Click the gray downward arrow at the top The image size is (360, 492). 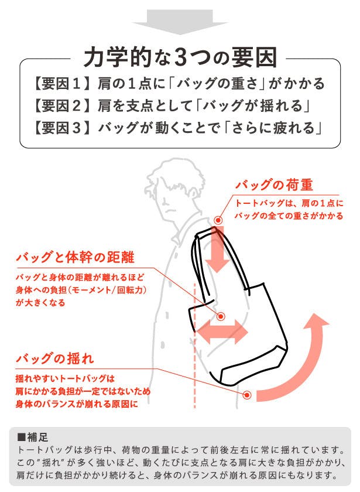tap(180, 21)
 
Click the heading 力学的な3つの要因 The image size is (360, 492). tap(180, 58)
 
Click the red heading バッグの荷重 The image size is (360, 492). tap(275, 184)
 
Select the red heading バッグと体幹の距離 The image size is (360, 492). tap(76, 257)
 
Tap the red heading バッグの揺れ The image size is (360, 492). tap(55, 358)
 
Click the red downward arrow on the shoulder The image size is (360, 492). tap(218, 250)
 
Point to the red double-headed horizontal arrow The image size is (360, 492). tap(221, 332)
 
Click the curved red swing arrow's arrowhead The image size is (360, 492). tap(316, 323)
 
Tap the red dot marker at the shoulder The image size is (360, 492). tap(218, 220)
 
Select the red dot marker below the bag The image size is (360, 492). tap(248, 395)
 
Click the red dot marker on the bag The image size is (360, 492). tap(221, 317)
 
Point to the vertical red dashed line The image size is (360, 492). tap(195, 345)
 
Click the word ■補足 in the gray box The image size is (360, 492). tap(33, 438)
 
